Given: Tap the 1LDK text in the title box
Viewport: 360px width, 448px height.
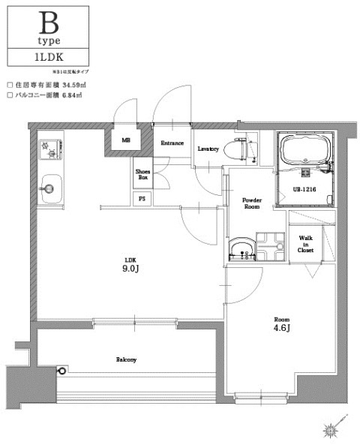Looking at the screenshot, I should tap(47, 56).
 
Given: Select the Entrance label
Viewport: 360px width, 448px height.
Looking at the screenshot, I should tap(172, 143).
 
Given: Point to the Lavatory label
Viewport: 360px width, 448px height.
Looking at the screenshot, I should tap(208, 149).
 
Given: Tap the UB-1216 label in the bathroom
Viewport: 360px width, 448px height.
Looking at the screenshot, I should tap(303, 190).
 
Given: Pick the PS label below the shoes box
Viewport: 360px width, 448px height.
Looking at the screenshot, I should tap(142, 199).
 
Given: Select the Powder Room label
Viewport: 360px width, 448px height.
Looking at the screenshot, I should tap(250, 203).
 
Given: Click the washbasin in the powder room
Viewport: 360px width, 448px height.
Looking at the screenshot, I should tap(241, 250).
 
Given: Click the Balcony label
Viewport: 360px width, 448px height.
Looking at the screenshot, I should tap(126, 359).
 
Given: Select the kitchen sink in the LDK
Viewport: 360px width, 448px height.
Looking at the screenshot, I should tap(49, 185).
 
